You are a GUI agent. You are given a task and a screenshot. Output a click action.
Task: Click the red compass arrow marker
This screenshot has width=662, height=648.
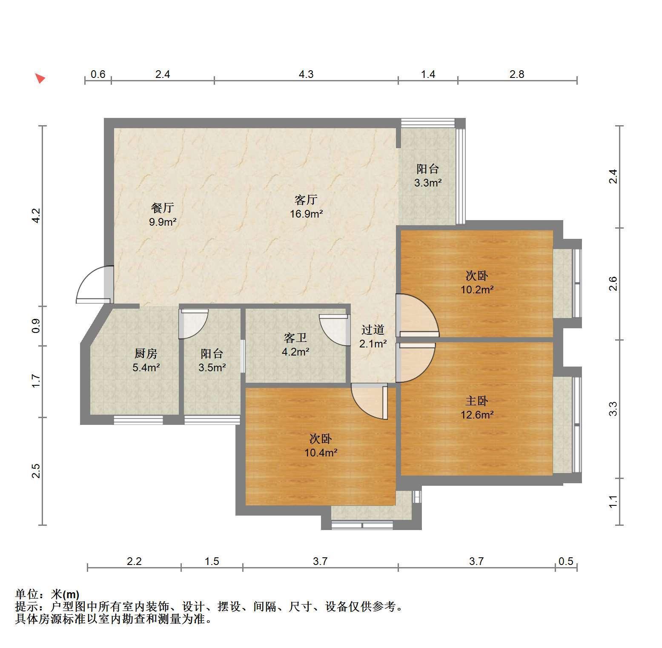[x=40, y=78]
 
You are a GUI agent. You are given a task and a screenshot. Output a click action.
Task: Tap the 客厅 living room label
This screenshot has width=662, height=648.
[x=306, y=200]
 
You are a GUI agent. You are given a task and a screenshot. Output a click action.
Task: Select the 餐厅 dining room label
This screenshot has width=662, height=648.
[x=163, y=208]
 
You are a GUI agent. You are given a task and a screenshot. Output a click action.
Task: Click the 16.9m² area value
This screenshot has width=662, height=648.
[x=307, y=214]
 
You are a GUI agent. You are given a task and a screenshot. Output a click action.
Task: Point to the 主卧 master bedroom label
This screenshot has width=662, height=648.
[x=477, y=401]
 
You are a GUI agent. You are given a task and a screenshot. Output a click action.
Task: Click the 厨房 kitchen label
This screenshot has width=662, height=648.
[x=146, y=353]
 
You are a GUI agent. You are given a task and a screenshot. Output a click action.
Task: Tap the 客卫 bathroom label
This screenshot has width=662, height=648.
[x=295, y=338]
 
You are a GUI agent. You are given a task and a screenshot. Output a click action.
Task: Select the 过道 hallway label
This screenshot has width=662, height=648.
[x=373, y=330]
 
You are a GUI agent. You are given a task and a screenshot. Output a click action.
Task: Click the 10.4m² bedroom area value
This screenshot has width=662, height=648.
[x=321, y=453]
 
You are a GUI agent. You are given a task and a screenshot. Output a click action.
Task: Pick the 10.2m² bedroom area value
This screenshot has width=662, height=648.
[x=477, y=290]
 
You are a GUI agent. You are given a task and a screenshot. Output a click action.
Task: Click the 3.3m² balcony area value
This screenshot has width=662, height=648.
[x=428, y=183]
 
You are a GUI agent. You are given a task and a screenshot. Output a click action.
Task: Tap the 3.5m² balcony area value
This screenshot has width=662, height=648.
[x=212, y=367]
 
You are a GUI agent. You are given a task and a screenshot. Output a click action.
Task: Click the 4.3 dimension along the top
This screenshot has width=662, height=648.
[x=306, y=74]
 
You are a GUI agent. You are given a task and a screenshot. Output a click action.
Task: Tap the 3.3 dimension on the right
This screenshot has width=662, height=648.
[x=613, y=409]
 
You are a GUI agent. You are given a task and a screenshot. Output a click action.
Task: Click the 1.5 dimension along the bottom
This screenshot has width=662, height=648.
[x=212, y=561]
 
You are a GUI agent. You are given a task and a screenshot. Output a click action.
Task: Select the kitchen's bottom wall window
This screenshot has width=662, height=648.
[x=138, y=420]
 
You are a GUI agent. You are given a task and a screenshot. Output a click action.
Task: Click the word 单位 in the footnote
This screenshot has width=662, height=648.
[x=27, y=594]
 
